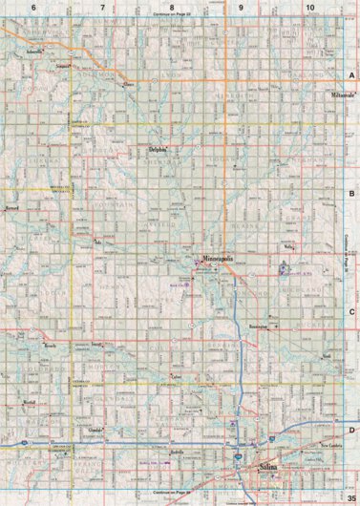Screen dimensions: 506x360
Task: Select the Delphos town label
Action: click(159, 149)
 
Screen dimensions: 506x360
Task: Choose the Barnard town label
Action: click(13, 205)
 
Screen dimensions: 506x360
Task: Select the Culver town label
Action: click(175, 378)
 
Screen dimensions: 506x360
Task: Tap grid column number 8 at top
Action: click(172, 8)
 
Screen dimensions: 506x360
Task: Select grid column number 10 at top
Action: click(309, 8)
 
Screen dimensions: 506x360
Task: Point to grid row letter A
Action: click(350, 75)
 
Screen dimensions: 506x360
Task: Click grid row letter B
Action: click(350, 193)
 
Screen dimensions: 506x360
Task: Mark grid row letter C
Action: click(350, 311)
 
